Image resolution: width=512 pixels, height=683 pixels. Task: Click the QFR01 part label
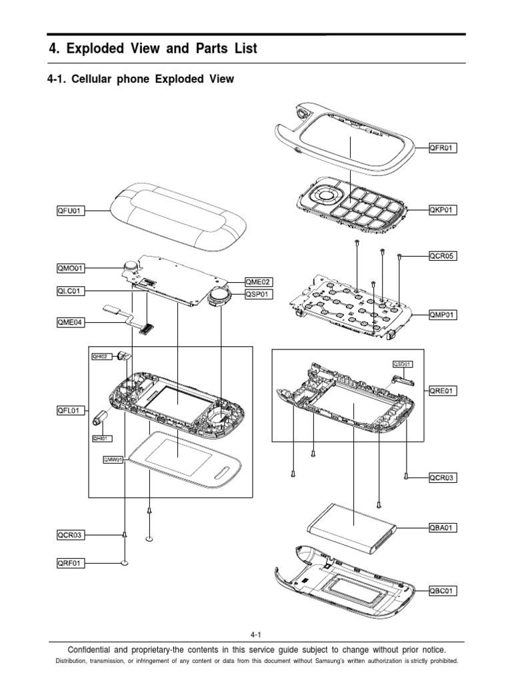443,149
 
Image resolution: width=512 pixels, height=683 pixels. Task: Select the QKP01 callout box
443,209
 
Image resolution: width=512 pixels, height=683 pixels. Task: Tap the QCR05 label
443,255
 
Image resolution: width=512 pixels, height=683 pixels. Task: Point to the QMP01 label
443,315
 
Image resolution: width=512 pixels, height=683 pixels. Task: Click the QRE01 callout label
443,392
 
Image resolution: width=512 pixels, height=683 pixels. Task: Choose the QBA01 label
443,528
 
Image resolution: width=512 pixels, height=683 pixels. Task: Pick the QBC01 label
443,591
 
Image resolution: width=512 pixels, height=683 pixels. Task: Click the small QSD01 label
403,364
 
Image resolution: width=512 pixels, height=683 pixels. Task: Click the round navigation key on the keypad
326,196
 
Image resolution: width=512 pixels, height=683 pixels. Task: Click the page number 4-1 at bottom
256,636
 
